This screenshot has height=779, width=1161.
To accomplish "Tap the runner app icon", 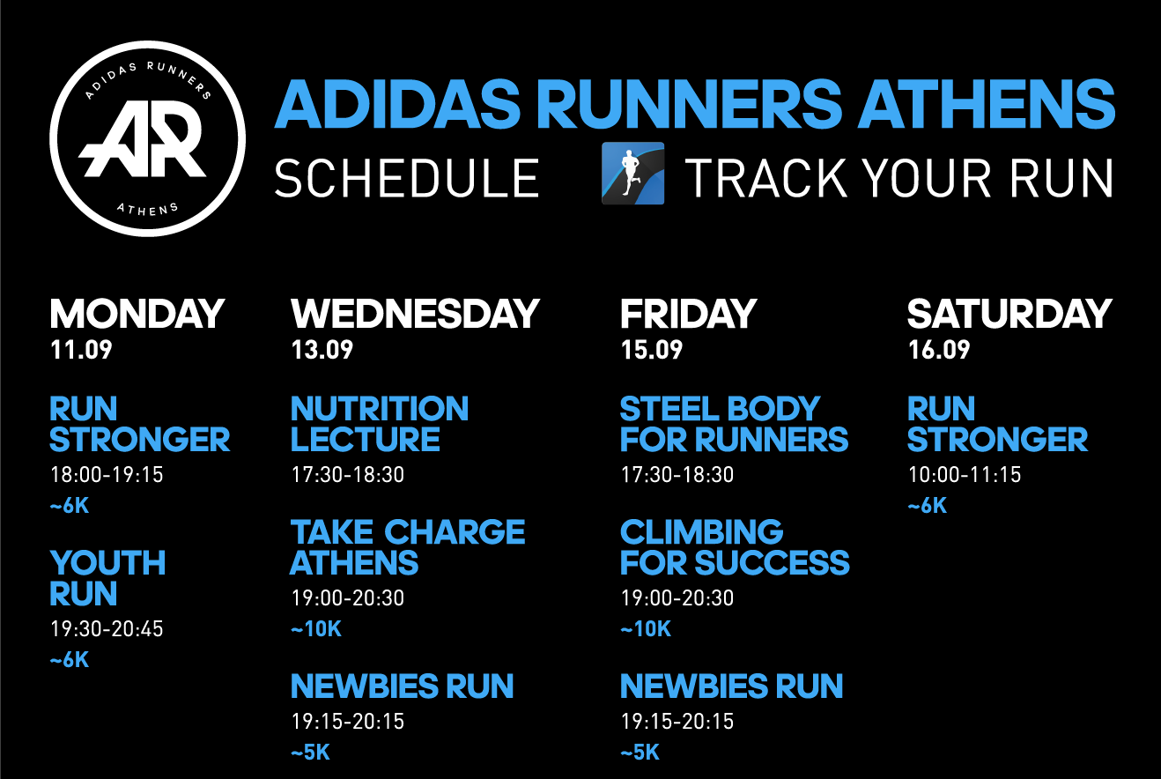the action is tap(632, 174).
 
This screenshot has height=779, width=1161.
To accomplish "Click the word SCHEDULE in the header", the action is tap(407, 178).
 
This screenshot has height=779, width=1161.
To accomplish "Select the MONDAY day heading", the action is tap(137, 314).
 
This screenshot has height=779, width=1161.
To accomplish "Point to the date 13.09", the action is tap(322, 350).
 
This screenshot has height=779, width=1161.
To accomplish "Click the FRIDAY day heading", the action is tap(689, 314).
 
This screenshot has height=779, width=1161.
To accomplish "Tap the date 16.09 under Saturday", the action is tap(939, 350).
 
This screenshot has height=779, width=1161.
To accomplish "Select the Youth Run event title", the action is tap(107, 578).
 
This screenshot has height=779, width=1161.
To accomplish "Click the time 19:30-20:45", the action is tap(107, 629).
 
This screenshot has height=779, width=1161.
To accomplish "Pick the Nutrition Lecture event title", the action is tap(380, 424).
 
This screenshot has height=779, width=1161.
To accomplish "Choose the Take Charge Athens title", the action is tap(408, 547).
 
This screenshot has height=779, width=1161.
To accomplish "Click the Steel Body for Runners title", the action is tap(734, 424).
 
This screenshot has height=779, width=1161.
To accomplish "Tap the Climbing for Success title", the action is tap(735, 547).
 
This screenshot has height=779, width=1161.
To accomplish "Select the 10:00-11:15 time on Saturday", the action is tap(965, 475).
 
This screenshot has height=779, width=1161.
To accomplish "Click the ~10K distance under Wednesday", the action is tap(316, 629).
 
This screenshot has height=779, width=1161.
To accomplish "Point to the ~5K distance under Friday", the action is tap(640, 753).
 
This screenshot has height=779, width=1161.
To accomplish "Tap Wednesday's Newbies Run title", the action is tap(403, 686).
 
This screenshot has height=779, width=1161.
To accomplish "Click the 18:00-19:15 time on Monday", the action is tap(107, 475).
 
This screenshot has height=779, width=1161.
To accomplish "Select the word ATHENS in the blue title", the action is tap(987, 104).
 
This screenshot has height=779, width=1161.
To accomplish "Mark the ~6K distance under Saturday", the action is tap(928, 506).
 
